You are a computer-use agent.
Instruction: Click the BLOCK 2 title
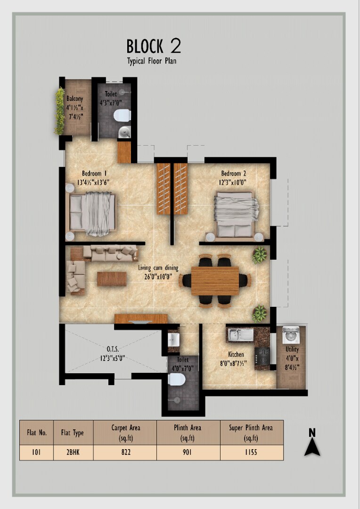click(154, 46)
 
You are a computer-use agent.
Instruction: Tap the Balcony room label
click(74, 99)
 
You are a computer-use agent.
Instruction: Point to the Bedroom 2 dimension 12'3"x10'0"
click(233, 182)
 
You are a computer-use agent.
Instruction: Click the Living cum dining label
click(158, 268)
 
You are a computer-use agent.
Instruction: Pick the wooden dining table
click(215, 281)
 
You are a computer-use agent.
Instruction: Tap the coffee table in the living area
click(112, 279)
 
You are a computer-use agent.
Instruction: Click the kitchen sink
click(241, 335)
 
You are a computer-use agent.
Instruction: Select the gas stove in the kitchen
click(262, 356)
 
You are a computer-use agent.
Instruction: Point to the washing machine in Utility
click(291, 336)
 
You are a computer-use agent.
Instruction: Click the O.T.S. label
click(113, 349)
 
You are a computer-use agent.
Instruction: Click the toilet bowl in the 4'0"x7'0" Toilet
click(177, 379)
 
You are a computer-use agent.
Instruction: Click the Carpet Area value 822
click(126, 452)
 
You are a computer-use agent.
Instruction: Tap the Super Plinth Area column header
click(251, 433)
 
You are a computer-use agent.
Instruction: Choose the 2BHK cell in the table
click(73, 452)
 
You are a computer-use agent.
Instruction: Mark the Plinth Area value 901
click(187, 452)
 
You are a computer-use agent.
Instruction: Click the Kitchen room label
click(236, 354)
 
